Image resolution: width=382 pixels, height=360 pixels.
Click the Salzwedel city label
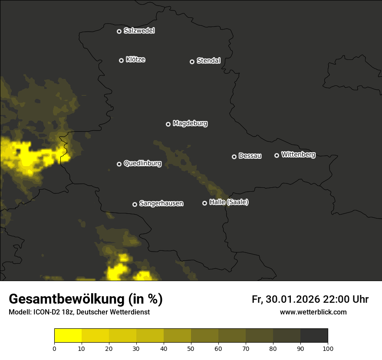(139, 31)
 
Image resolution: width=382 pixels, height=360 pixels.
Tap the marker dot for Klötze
(121, 60)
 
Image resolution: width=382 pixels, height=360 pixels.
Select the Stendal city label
(208, 61)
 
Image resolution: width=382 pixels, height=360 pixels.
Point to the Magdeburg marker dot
(168, 124)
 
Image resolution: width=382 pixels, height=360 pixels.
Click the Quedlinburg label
(142, 164)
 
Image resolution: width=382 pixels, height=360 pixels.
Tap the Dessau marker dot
(234, 157)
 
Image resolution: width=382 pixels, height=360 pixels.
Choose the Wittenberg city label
(298, 154)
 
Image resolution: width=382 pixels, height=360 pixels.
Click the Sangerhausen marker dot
(135, 204)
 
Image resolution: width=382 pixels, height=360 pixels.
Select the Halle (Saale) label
(229, 202)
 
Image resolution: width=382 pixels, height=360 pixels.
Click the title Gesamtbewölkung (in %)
(86, 299)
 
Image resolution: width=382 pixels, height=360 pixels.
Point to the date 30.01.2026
(293, 299)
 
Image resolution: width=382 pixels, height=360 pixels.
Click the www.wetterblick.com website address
(313, 312)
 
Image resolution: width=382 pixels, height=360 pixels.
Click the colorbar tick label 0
(54, 348)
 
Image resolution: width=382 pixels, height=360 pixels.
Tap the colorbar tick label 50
(191, 348)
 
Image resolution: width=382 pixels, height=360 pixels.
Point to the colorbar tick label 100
(328, 348)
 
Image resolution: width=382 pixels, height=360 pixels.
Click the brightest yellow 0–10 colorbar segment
(68, 336)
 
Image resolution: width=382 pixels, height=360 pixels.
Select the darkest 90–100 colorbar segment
(314, 336)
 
